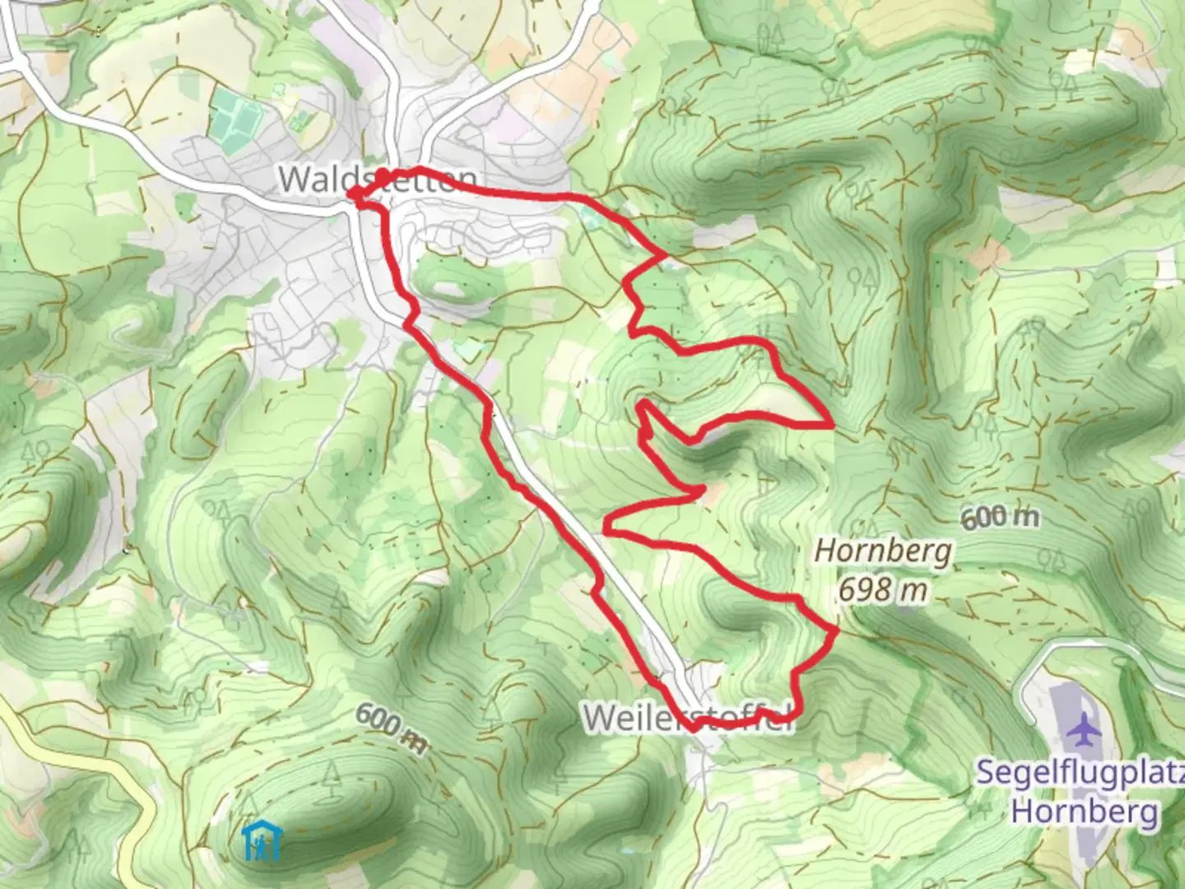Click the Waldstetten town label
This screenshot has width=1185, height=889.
point(378,179)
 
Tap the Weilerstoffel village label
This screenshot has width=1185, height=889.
point(690,717)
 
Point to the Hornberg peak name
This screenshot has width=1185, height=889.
point(883,551)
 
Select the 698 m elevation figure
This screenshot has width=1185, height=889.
point(883,589)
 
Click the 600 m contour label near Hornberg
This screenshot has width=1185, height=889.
point(999,517)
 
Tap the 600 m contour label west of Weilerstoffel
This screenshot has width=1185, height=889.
point(392,728)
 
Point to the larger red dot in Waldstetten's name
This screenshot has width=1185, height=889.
point(383,175)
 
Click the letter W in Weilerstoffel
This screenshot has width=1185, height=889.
point(600,718)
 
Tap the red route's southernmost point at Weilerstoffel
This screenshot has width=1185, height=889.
point(695,728)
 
